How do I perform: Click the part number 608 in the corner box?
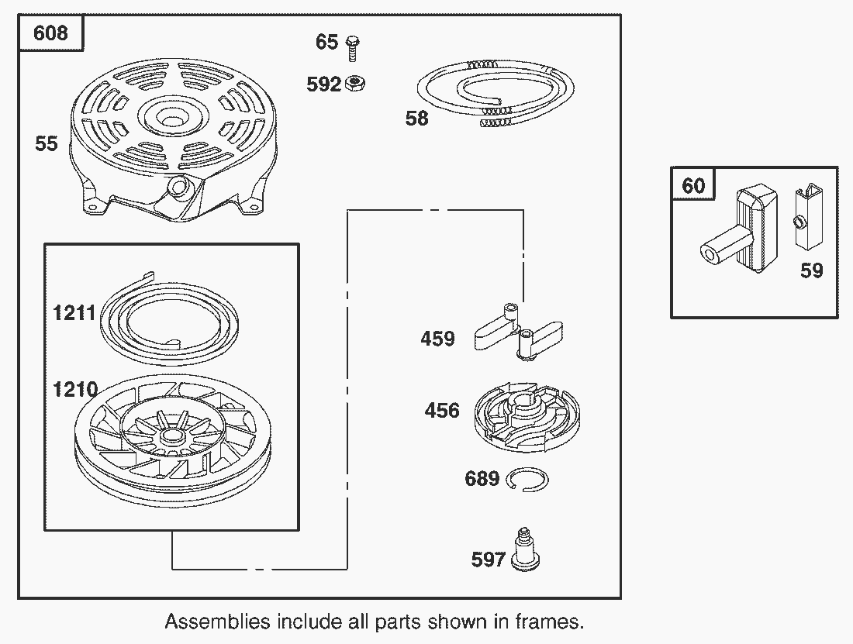click(x=51, y=33)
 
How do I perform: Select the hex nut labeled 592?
click(x=357, y=82)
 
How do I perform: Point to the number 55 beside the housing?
click(x=47, y=143)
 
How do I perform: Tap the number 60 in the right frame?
click(x=693, y=186)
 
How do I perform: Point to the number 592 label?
click(x=324, y=84)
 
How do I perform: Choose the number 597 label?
click(x=489, y=560)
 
